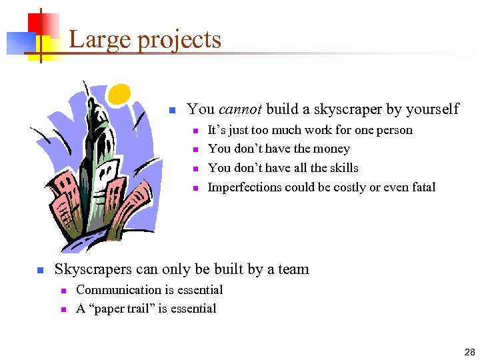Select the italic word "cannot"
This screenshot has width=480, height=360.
[241, 109]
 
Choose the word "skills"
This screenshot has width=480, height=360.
[342, 168]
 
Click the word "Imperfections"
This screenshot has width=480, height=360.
[244, 187]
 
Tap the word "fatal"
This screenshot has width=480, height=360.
[421, 187]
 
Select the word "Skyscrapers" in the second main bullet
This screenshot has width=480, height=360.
[93, 270]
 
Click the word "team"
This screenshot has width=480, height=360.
[294, 270]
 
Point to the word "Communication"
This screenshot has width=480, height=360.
[119, 290]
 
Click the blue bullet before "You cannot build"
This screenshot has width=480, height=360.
[171, 110]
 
